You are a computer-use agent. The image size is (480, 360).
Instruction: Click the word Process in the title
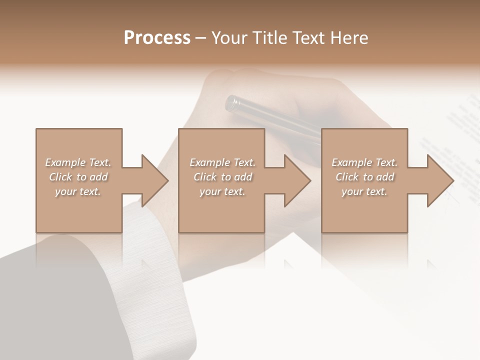coord(157,38)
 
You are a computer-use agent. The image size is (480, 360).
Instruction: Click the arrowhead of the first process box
coord(154,180)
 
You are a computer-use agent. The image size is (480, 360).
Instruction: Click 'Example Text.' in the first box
coord(78,162)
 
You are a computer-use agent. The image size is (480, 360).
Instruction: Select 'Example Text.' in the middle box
coord(222,162)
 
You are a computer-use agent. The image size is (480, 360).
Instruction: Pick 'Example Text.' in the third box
coord(364,162)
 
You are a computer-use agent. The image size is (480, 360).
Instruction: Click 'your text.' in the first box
coord(78,191)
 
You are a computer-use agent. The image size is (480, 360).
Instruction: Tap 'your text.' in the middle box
coord(222,191)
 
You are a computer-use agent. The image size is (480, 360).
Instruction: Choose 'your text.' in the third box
coord(364,191)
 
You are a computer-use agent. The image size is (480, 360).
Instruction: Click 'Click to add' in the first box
coord(78,177)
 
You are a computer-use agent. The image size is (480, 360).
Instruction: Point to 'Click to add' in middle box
coord(222,177)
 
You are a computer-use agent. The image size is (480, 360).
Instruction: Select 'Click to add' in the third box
coord(364,177)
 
